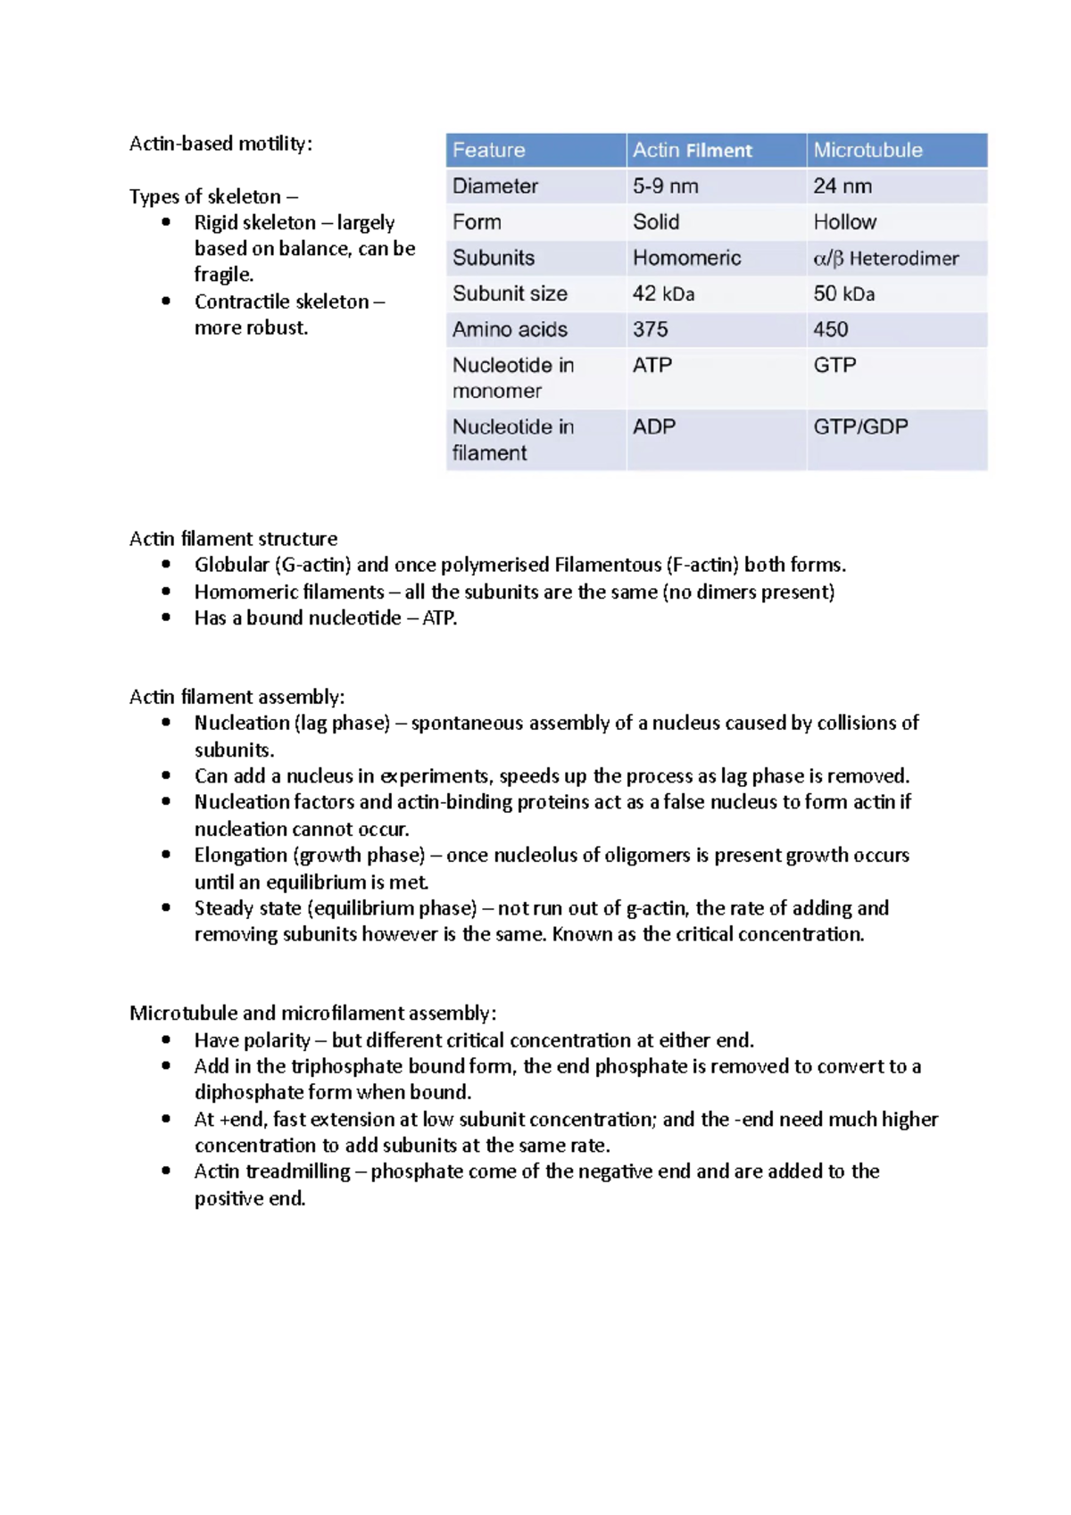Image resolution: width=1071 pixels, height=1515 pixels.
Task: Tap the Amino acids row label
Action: point(510,329)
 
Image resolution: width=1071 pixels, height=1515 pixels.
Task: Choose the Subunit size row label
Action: point(510,294)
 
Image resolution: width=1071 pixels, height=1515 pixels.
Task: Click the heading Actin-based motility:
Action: point(220,144)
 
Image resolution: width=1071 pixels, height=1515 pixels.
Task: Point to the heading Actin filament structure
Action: point(233,539)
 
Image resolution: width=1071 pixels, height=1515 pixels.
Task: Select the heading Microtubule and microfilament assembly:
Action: point(312,1013)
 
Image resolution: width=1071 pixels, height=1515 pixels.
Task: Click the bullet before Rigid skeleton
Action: point(166,222)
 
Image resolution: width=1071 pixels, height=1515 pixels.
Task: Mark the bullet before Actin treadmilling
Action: point(166,1171)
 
